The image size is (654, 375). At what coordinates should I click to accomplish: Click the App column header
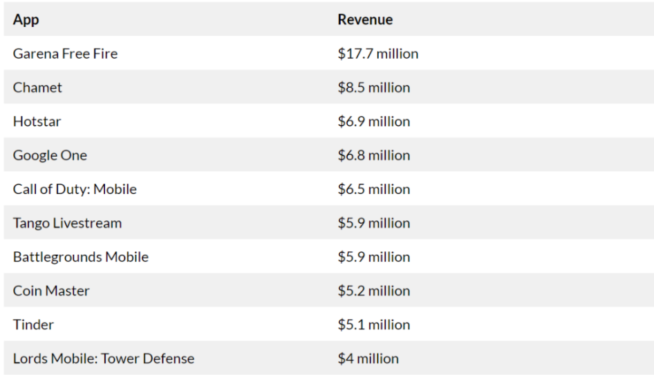pos(26,19)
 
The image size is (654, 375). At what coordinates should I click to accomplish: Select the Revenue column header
pos(365,19)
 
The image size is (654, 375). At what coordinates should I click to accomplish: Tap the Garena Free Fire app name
pos(65,53)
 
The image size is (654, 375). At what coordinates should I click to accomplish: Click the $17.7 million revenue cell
pos(377,53)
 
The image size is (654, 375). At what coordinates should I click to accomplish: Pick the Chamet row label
pos(37,87)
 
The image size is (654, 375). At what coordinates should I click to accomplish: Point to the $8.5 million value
pos(373,87)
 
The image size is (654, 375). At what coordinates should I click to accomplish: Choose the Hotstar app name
pos(37,121)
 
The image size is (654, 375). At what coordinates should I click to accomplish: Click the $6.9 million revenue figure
pos(373,121)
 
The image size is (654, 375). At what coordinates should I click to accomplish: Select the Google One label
pos(50,155)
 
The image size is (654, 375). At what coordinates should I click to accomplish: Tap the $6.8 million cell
pos(373,155)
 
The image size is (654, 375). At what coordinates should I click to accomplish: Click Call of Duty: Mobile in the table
pos(75,189)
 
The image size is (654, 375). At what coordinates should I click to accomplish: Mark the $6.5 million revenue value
pos(373,189)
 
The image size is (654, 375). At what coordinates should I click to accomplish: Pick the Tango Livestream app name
pos(67,222)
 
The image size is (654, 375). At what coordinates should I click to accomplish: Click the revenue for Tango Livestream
pos(373,222)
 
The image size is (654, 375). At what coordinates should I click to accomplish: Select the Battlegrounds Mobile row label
pos(80,256)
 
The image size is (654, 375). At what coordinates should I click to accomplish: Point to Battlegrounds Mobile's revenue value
pos(373,256)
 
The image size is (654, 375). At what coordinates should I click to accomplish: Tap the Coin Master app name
pos(51,290)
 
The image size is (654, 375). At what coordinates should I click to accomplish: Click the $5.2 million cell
pos(373,290)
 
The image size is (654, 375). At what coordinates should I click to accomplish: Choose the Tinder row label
pos(33,324)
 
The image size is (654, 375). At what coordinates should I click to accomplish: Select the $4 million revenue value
pos(368,358)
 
